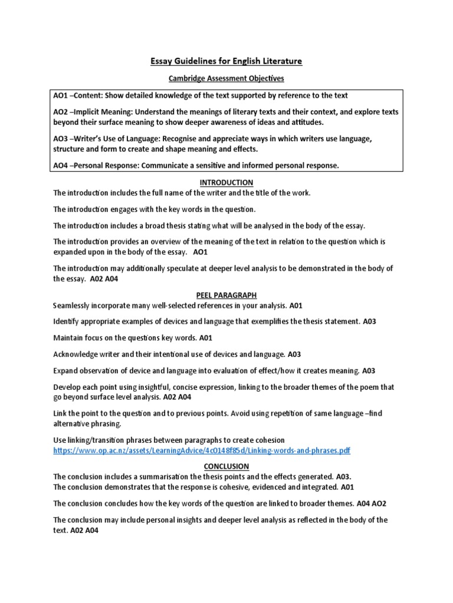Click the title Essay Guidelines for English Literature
coord(226,61)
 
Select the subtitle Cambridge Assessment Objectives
coord(226,78)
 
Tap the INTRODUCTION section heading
coord(226,183)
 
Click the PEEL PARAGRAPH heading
coord(226,295)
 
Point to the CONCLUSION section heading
coord(226,466)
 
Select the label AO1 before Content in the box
coord(62,95)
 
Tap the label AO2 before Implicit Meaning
coord(62,112)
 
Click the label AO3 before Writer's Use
coord(62,138)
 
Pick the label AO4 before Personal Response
coord(62,165)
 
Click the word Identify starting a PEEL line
coord(67,322)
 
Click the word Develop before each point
coord(67,387)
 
